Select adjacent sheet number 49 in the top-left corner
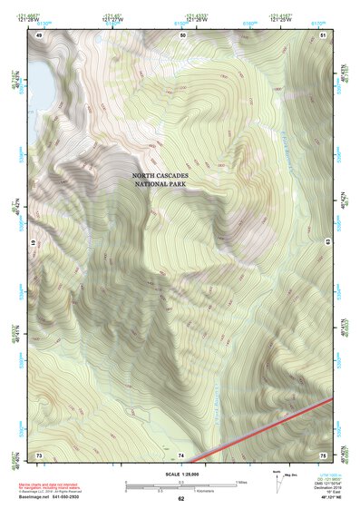tap(39, 34)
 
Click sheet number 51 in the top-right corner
tap(323, 34)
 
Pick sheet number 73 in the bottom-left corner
tap(39, 454)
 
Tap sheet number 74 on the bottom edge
tap(181, 454)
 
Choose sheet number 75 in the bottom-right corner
tap(323, 454)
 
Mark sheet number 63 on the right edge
tap(327, 240)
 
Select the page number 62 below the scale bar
tap(180, 498)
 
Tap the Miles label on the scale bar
tap(242, 481)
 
